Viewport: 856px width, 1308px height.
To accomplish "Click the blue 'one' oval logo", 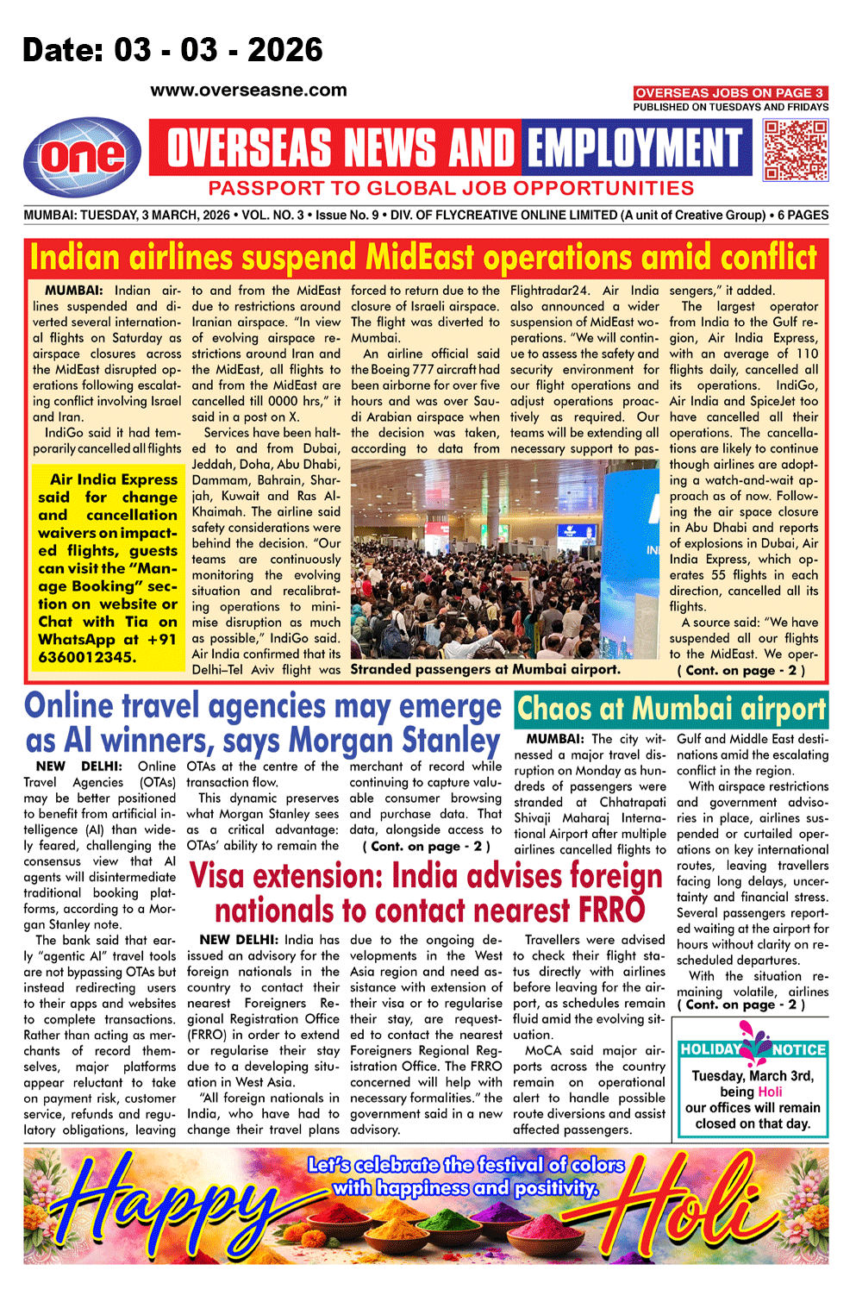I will (83, 157).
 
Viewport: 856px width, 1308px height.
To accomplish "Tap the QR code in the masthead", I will (796, 150).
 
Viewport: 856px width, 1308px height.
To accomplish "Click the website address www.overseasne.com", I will (248, 91).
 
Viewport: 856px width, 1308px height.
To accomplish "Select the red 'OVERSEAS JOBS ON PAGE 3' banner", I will (730, 92).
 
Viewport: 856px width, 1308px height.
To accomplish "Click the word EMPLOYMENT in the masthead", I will (634, 148).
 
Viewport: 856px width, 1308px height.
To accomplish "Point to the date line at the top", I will (172, 50).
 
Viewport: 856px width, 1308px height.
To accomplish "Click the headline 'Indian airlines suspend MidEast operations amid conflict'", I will (423, 257).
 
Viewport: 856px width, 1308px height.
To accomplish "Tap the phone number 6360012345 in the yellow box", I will (87, 657).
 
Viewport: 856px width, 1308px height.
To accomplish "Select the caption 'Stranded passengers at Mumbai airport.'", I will (484, 669).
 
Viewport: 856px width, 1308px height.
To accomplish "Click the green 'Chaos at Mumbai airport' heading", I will (671, 710).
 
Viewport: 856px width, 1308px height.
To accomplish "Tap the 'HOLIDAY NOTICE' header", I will (753, 1049).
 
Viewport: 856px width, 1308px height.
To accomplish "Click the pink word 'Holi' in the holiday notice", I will (770, 1092).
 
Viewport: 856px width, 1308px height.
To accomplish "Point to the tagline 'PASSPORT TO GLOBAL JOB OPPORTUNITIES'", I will (450, 189).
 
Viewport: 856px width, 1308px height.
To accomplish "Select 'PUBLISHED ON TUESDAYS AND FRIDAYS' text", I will (730, 107).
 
